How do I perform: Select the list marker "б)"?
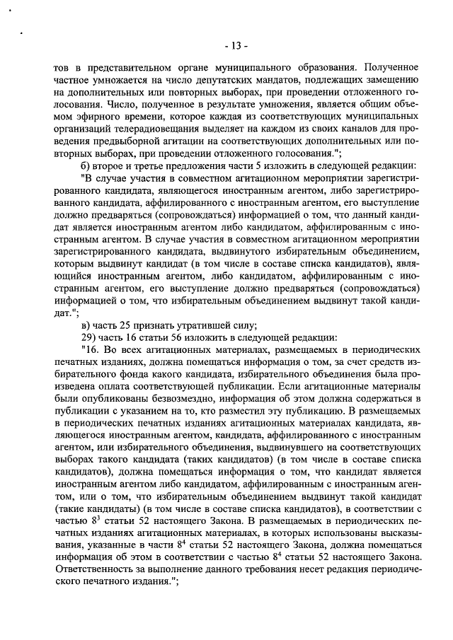87,161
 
